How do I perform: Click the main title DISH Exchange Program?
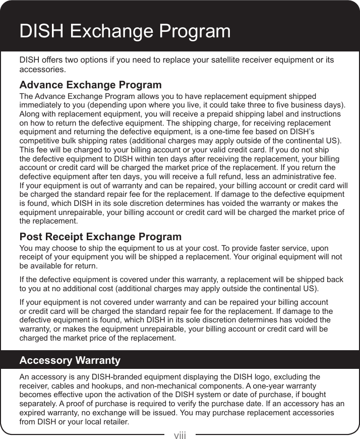coord(125,31)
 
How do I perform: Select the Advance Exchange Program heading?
coord(90,85)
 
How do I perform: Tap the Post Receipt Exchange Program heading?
coord(100,237)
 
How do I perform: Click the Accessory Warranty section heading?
coord(70,360)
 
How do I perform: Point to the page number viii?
coord(180,434)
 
